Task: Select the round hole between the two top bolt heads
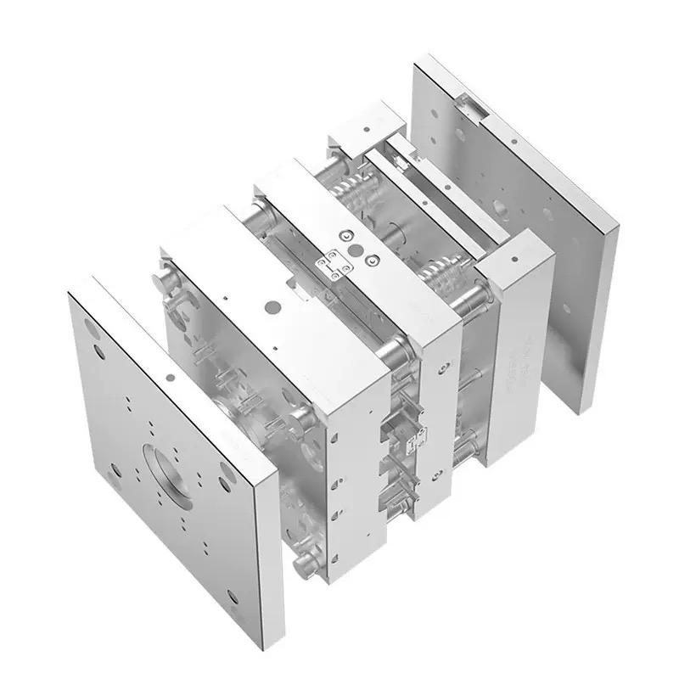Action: click(356, 251)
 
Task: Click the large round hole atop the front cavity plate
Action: click(272, 304)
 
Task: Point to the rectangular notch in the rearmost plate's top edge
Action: click(472, 106)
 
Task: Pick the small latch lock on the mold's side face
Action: click(416, 438)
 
